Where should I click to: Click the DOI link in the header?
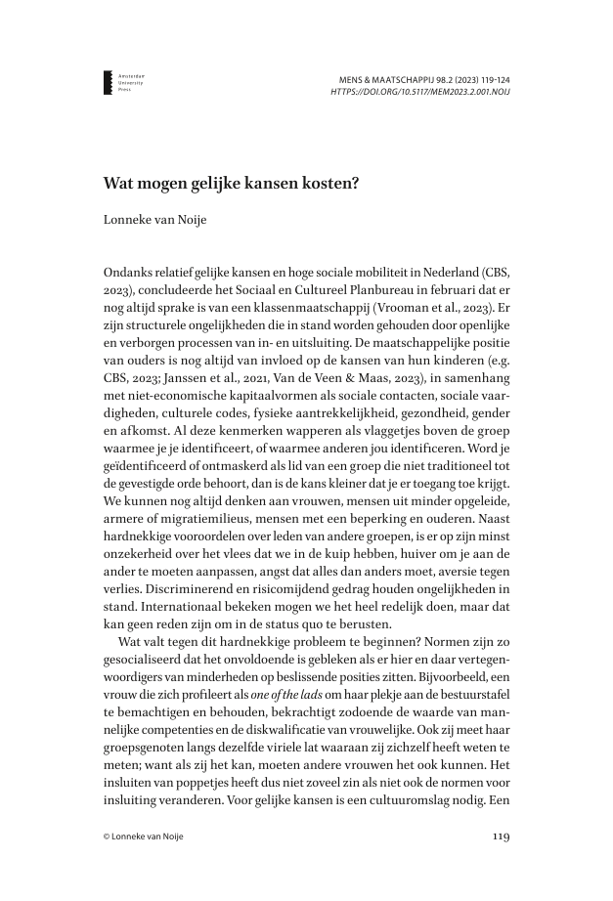click(x=420, y=92)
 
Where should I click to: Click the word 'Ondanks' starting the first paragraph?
click(x=128, y=272)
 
